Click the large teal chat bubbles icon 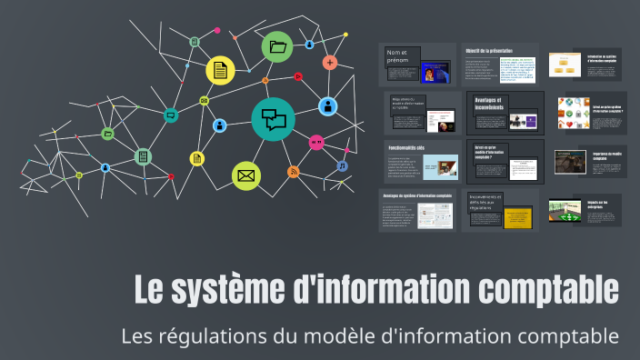[274, 119]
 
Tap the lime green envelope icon [245, 175]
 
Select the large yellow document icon [220, 70]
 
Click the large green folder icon [277, 47]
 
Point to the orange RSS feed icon [293, 172]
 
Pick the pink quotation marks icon [316, 142]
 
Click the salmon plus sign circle [329, 63]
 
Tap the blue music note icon [342, 166]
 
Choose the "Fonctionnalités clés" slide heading [407, 147]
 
